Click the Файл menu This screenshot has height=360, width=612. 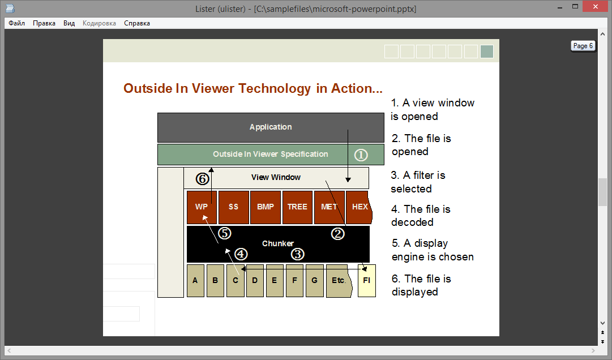click(x=17, y=23)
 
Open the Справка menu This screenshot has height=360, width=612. click(x=137, y=23)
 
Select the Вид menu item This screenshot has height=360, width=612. click(x=69, y=23)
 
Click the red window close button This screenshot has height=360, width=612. click(x=595, y=6)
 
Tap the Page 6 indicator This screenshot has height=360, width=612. click(x=583, y=46)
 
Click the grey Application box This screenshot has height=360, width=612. click(x=271, y=127)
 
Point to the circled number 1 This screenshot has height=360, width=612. click(x=361, y=155)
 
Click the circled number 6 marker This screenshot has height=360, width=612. click(x=202, y=179)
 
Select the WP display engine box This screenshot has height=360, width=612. click(x=202, y=207)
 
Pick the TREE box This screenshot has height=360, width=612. click(x=297, y=207)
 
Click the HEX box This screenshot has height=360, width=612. click(x=359, y=207)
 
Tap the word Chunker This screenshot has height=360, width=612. click(x=278, y=243)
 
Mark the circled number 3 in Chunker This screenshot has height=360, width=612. click(x=297, y=254)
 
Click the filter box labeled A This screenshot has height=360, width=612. click(x=195, y=281)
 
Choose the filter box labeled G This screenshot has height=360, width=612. click(x=315, y=281)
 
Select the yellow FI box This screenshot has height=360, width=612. click(x=366, y=281)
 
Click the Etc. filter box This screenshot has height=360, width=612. click(x=339, y=281)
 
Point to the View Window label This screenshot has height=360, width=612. click(x=276, y=178)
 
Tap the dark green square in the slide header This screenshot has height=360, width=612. click(x=487, y=52)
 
